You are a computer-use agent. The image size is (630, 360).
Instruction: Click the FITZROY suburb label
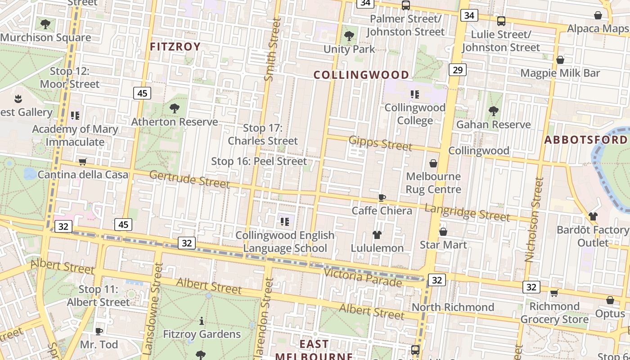175,47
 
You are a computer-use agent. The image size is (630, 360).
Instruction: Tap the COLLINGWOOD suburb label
361,75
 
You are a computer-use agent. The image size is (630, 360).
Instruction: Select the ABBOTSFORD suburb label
585,140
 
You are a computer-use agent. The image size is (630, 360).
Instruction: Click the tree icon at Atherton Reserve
175,108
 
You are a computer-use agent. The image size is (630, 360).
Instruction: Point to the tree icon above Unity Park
349,36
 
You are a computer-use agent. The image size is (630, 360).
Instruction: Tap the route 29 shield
458,70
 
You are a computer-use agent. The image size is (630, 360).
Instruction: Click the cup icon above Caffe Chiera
382,198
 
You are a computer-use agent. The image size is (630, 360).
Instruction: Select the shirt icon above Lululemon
377,235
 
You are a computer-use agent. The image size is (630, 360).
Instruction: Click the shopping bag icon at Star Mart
443,232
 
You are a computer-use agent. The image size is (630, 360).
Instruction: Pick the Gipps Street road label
380,143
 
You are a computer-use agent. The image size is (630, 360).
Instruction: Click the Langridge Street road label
467,212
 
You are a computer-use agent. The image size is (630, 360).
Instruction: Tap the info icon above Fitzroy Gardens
201,321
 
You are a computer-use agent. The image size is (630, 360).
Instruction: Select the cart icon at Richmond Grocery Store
554,293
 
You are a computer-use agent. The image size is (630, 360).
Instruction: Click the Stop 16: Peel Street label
259,161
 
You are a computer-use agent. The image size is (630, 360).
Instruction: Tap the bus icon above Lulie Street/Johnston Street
501,21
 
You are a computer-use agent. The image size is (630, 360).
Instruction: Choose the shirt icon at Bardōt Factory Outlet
593,216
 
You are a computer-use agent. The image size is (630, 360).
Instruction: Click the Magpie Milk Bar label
560,73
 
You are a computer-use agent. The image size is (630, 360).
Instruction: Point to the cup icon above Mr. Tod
99,332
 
